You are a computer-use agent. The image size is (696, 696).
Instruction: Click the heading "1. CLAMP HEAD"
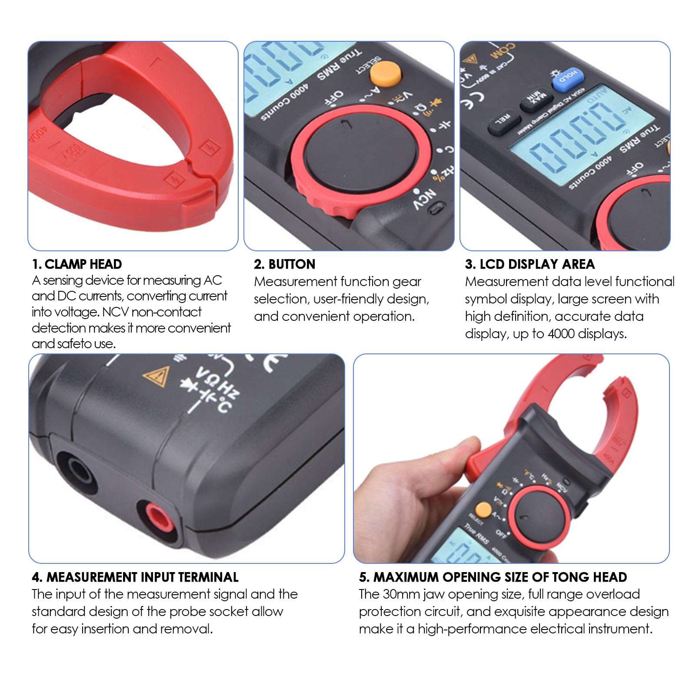pos(77,264)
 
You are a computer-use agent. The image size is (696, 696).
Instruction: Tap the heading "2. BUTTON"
pos(285,264)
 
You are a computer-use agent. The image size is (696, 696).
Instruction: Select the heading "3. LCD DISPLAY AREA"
pos(529,264)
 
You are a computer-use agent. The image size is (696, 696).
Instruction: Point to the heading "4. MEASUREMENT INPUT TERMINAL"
pos(135,577)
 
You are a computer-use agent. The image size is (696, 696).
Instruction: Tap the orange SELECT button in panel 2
pos(385,73)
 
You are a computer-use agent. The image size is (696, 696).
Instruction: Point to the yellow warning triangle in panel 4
pos(157,376)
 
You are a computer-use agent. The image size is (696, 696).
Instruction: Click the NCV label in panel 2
pos(424,200)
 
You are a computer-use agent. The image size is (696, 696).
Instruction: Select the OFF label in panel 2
pos(334,98)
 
